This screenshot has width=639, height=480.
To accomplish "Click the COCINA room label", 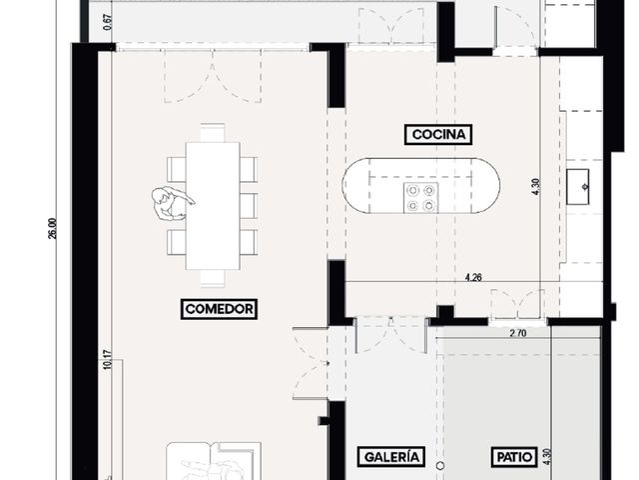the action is coord(438,134).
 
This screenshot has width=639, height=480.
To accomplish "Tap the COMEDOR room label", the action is coord(219,309).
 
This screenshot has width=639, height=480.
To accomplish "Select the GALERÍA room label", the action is coord(391,457).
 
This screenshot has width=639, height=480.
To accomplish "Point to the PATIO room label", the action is coord(515,457).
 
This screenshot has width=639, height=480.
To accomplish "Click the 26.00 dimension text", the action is coord(53,229).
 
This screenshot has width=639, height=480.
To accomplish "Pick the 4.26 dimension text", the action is coord(473,278).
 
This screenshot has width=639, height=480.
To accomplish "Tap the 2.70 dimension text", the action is coord(518,333).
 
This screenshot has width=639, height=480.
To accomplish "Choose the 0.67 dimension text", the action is coord(107,22).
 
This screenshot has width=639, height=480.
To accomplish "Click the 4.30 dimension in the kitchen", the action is coord(535,187).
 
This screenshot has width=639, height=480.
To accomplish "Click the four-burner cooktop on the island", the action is coord(421,198).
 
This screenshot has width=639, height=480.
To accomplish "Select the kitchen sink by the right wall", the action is coord(578,187).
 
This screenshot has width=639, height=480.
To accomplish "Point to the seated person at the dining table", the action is coord(171,203).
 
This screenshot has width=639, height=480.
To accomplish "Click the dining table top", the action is coord(213,206).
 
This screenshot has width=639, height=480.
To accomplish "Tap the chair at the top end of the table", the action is coord(213,133).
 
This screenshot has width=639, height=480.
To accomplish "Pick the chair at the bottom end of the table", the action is coord(213,278).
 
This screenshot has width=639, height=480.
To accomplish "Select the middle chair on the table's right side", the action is coord(249,206).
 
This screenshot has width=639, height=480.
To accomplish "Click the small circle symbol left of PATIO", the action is coord(439,465).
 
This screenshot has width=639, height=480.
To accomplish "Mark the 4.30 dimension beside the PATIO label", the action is coord(547,457).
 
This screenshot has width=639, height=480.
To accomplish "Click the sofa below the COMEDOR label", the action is coord(214,461).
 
